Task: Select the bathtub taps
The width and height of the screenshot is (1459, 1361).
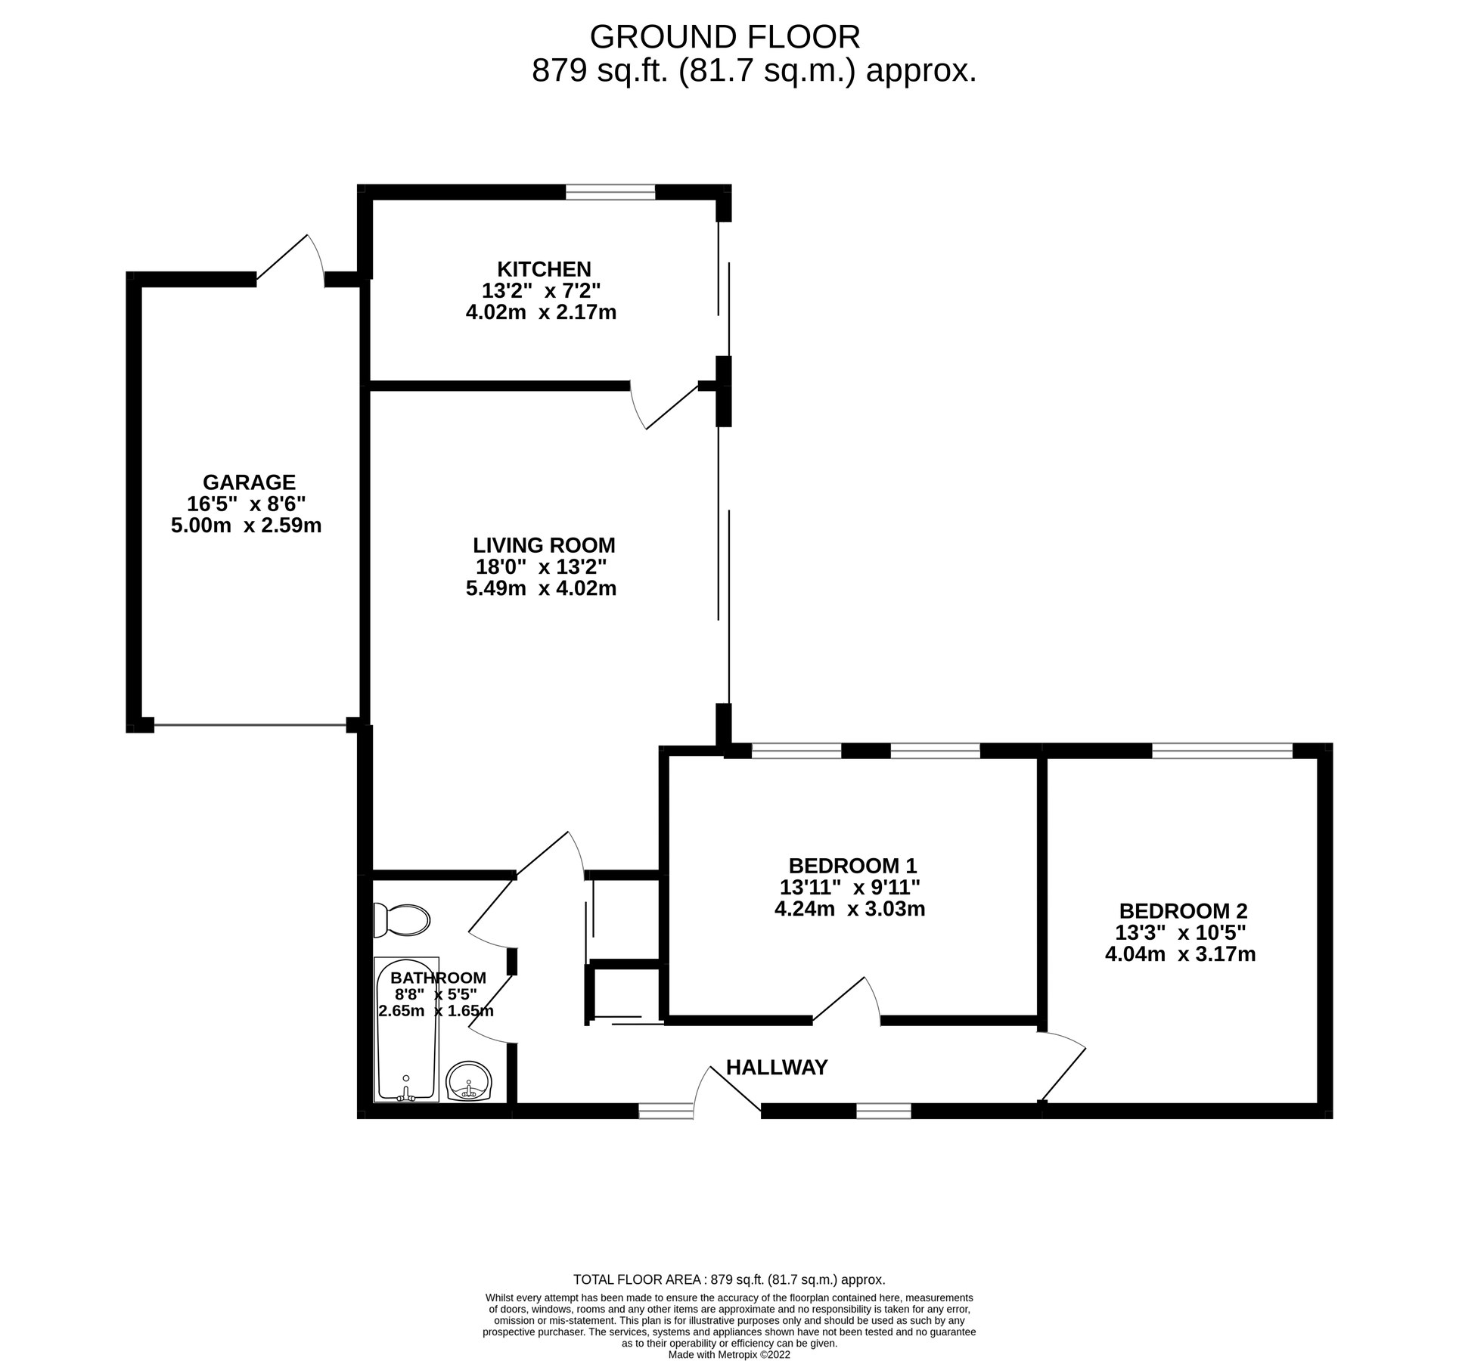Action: tap(406, 1093)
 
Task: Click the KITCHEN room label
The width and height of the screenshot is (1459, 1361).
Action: tap(544, 269)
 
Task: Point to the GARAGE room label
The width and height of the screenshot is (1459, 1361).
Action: tap(249, 482)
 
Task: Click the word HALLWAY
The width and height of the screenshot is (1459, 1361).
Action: tap(777, 1068)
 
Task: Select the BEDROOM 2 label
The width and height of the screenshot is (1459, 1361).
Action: tap(1183, 911)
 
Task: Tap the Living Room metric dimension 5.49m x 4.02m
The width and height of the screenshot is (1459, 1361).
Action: tap(541, 588)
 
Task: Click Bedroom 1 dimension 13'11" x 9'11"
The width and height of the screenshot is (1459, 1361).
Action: tap(850, 887)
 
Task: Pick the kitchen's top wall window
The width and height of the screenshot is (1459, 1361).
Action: tap(610, 192)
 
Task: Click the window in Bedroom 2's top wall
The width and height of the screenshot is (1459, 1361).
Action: tap(1222, 751)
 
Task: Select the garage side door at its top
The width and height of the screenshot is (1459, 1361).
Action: tap(291, 261)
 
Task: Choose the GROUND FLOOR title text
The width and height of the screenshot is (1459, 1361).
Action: tap(724, 37)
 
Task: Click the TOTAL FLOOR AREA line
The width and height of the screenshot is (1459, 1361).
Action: tap(728, 1280)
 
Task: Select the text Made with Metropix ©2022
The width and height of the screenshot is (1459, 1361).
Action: tap(728, 1355)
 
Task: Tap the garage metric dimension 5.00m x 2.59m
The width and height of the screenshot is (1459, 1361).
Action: tap(246, 525)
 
